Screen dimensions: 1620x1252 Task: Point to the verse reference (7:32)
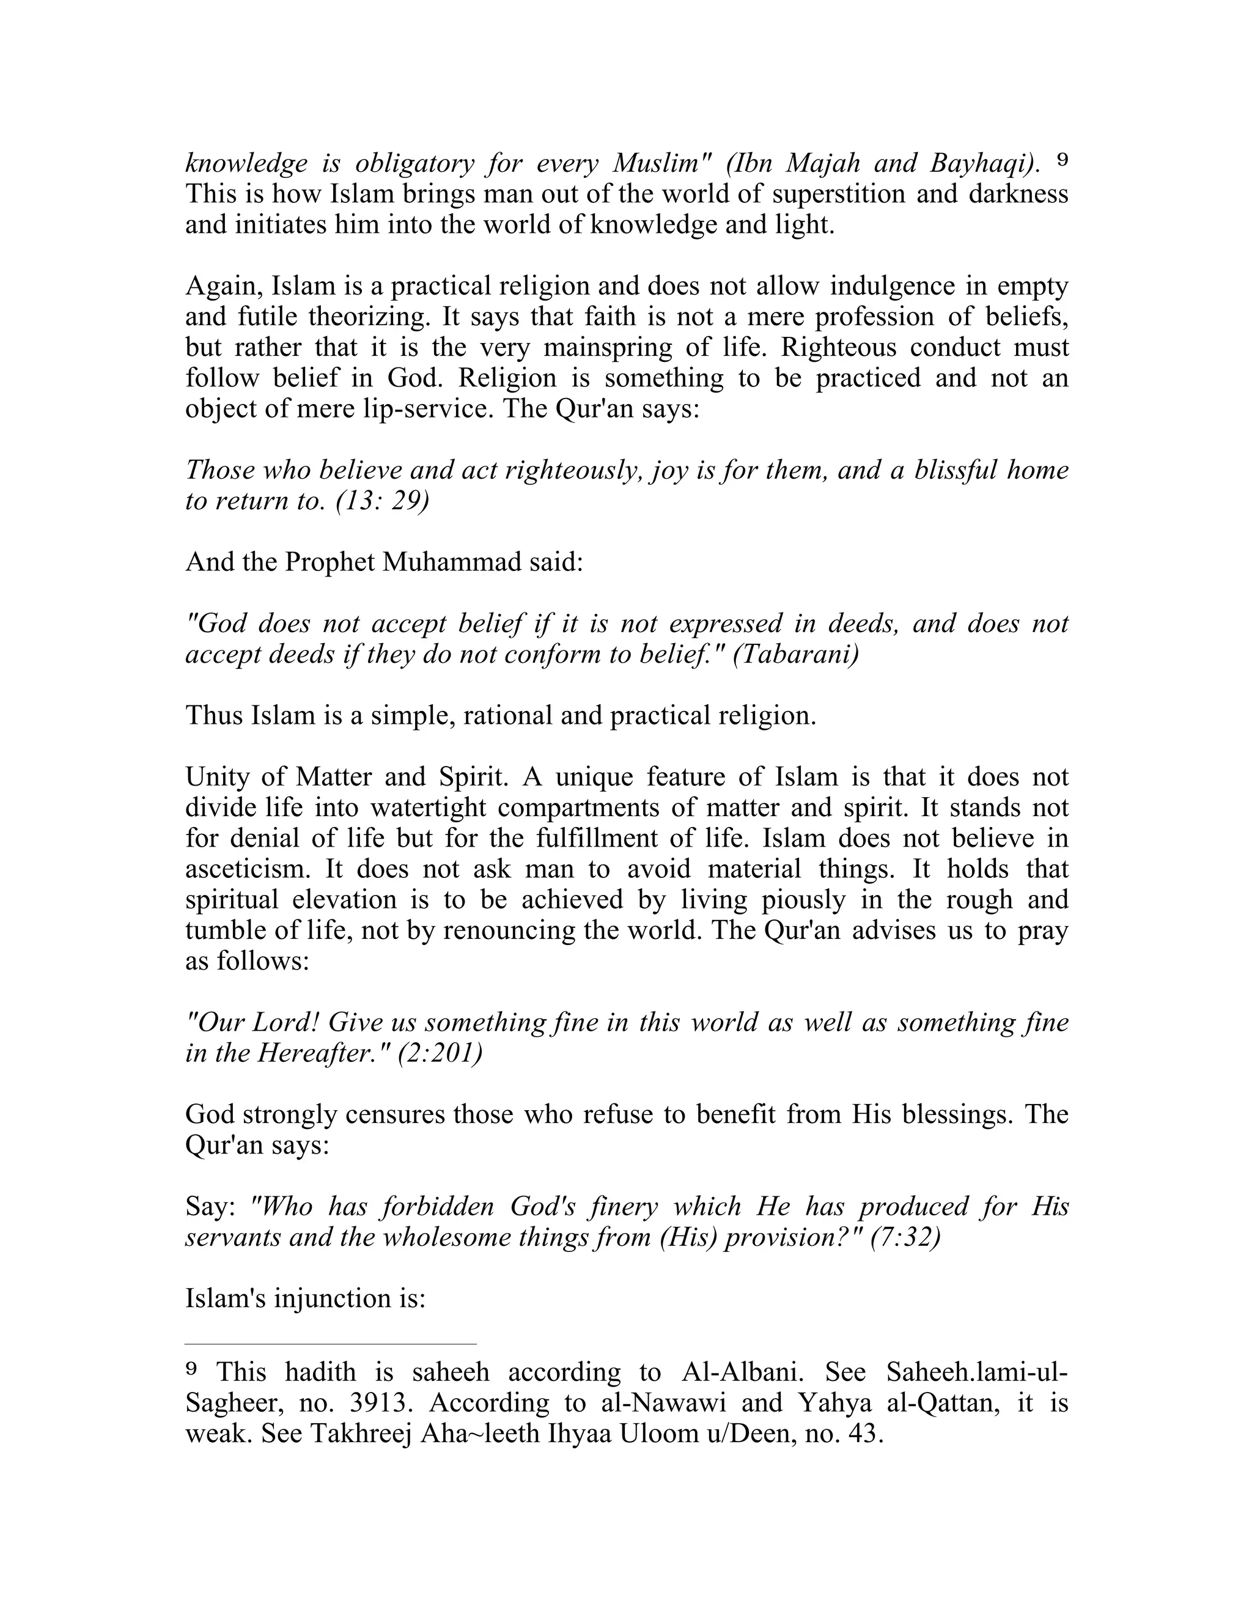click(905, 1238)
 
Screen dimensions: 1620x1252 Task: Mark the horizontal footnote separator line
click(330, 1343)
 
